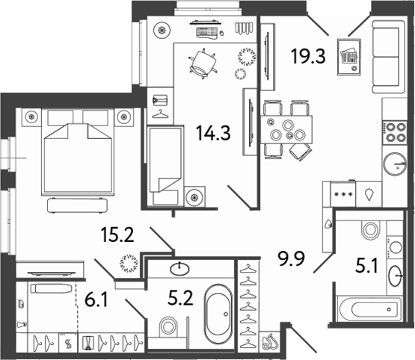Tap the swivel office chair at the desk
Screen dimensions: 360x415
click(203, 63)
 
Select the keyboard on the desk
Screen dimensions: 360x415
click(207, 32)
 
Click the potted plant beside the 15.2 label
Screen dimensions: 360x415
click(129, 263)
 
